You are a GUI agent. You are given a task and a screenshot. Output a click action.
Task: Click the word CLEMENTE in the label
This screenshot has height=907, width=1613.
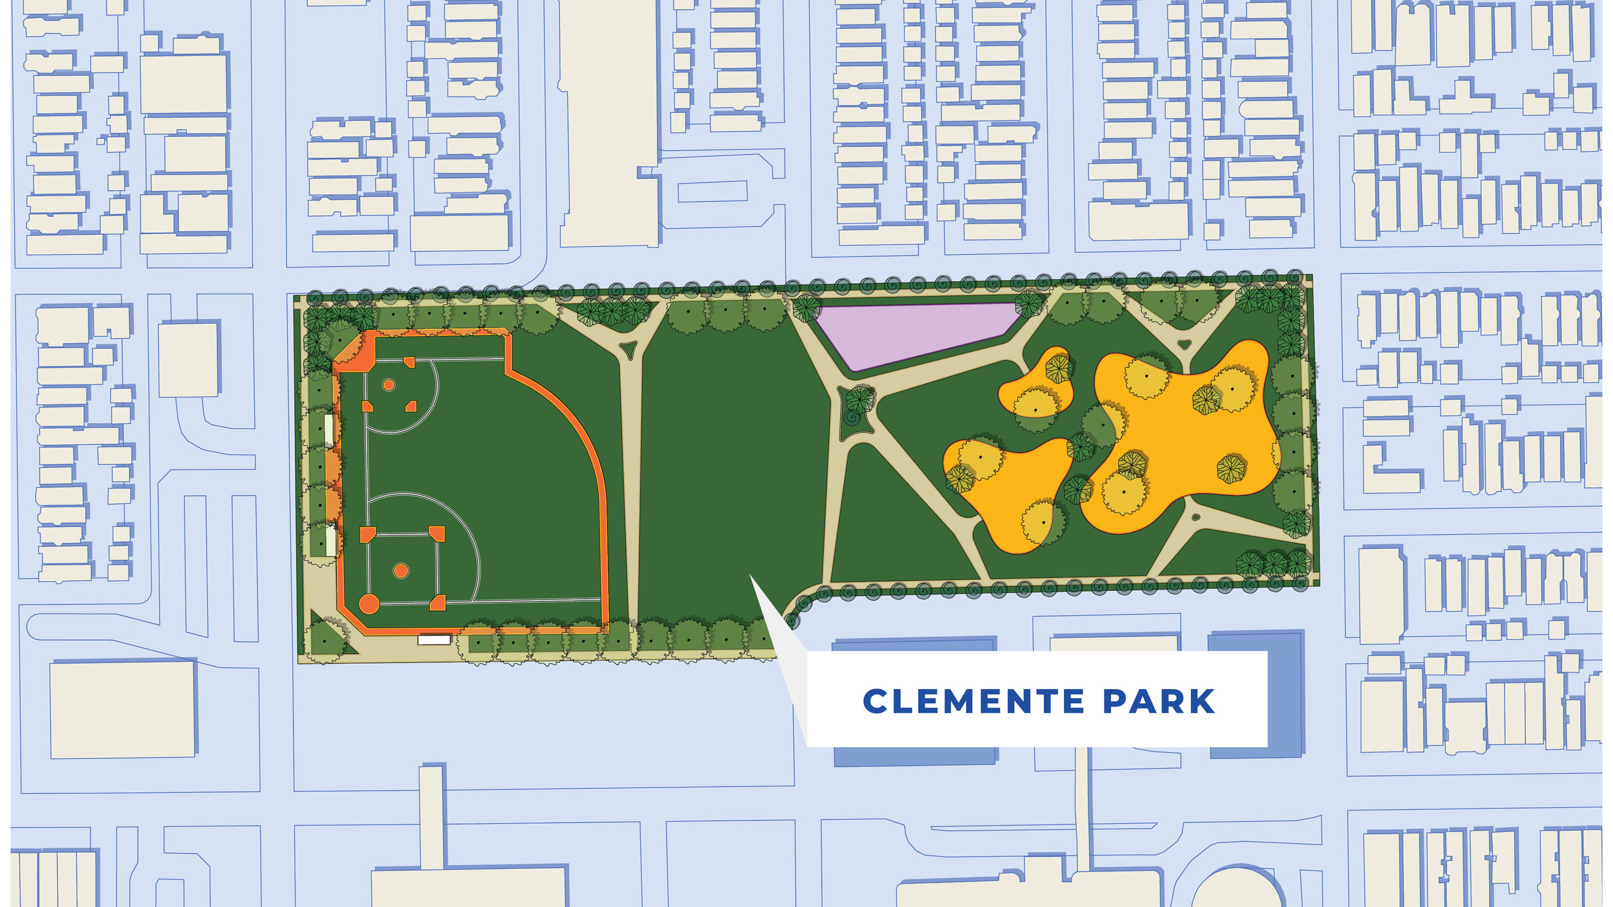pos(974,702)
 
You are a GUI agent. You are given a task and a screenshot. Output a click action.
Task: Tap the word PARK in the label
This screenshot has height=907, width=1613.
pos(1159,702)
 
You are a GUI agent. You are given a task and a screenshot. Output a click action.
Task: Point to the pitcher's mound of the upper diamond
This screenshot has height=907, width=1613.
pos(388,385)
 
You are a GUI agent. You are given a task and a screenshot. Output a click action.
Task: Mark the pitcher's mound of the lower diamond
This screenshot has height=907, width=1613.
pos(401,570)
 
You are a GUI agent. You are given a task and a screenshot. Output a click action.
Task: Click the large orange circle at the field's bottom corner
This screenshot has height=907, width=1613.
pos(368,604)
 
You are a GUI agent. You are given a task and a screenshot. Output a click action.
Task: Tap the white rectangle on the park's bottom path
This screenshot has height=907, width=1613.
pos(434,640)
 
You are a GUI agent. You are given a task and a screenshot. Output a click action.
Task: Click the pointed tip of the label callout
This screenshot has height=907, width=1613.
pos(750,575)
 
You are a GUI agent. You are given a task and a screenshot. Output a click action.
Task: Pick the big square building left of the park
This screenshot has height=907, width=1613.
pos(188,360)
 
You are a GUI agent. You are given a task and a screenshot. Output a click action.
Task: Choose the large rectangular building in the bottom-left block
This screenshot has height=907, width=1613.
pos(123,710)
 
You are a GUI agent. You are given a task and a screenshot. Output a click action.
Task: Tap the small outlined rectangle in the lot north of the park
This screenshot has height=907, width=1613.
pos(712,192)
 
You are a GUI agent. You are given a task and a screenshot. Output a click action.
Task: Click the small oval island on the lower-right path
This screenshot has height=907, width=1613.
pos(1196,517)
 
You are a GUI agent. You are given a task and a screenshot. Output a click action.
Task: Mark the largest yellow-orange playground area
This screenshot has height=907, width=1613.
pos(1181,439)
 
